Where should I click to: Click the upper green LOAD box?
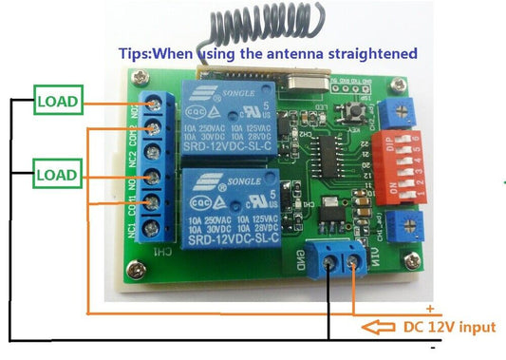(x=58, y=100)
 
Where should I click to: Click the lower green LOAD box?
(x=58, y=175)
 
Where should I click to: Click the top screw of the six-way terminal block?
(x=154, y=101)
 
